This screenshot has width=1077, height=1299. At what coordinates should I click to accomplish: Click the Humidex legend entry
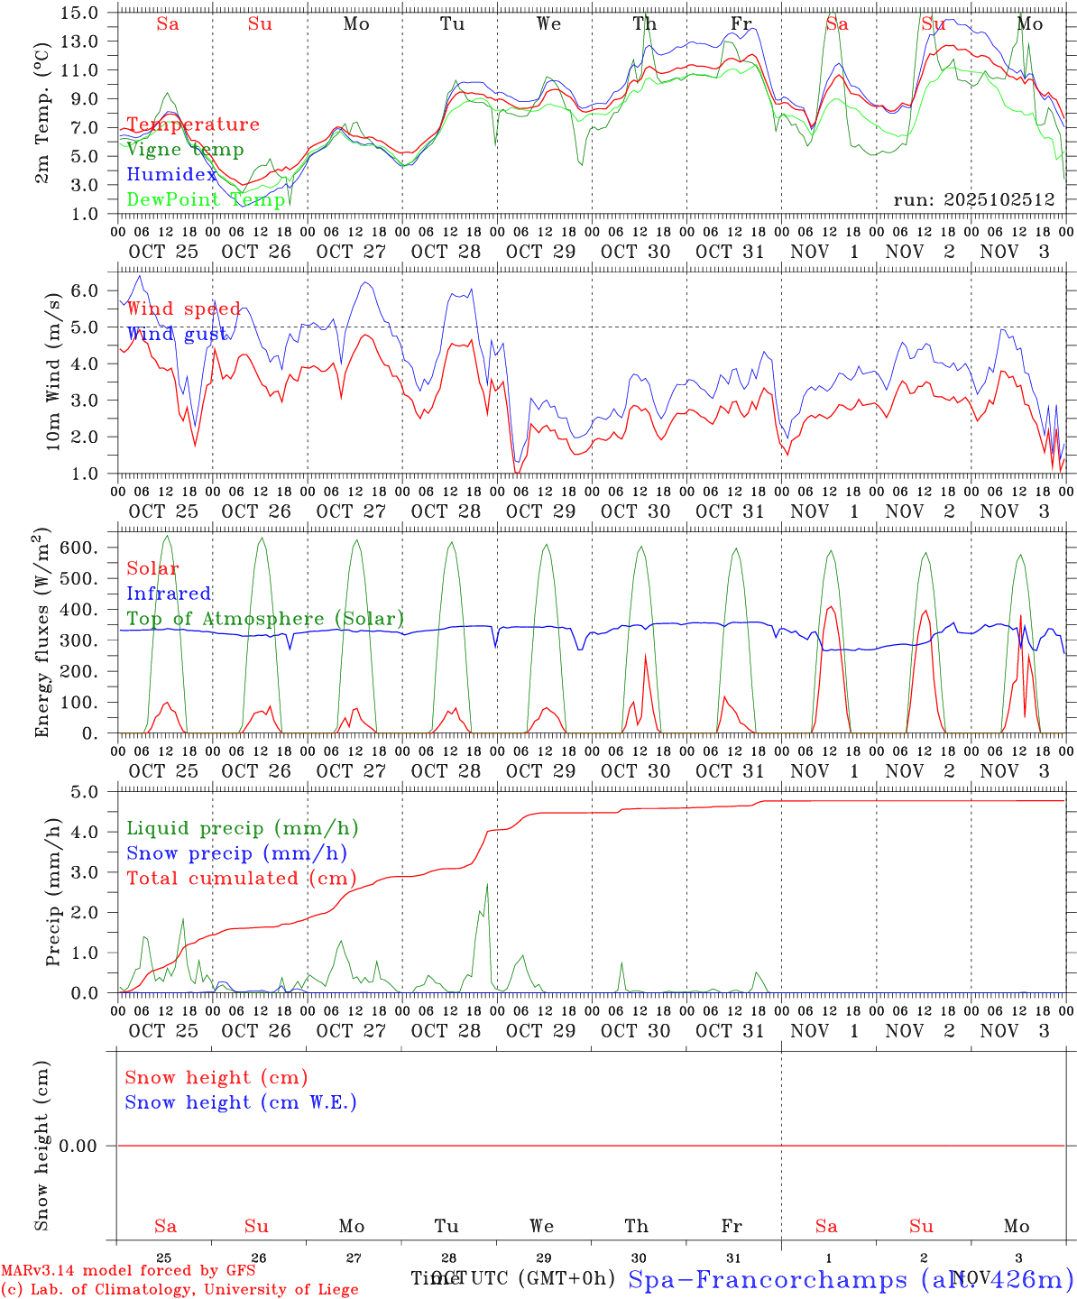click(171, 175)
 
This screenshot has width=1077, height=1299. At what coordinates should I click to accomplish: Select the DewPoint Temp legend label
click(206, 199)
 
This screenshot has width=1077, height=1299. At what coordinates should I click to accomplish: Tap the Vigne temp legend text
click(185, 150)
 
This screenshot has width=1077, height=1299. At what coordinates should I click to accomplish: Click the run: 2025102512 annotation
click(974, 199)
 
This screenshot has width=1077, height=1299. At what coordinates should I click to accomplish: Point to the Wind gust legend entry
click(177, 334)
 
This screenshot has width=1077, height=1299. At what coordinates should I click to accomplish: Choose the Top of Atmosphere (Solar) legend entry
click(265, 619)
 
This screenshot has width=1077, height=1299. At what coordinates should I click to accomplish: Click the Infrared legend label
click(169, 594)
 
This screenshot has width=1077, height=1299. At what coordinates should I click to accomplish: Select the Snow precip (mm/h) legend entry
click(236, 853)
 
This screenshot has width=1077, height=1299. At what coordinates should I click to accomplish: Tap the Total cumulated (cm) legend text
click(241, 878)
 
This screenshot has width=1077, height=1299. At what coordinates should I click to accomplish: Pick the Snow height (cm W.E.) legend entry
click(241, 1102)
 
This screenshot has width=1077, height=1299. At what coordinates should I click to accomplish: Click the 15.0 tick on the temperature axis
click(80, 13)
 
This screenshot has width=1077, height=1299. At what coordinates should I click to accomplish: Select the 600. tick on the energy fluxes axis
click(76, 548)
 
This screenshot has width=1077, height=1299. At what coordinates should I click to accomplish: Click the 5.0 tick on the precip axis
click(84, 792)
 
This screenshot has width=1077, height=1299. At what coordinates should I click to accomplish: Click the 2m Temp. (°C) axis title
click(42, 114)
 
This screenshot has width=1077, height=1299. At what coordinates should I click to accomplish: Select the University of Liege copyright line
click(179, 1289)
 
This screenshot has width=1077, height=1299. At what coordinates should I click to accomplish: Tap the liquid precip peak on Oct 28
click(487, 884)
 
